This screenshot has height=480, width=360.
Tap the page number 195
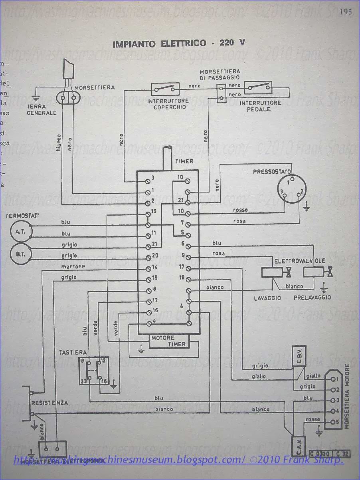click(345, 12)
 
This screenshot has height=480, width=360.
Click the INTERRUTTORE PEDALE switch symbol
click(258, 87)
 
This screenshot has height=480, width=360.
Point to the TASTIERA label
click(72, 352)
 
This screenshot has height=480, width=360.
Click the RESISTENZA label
click(50, 403)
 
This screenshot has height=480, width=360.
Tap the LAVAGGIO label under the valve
click(267, 298)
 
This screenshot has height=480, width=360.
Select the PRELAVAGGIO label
click(313, 298)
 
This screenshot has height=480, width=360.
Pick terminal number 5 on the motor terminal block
click(337, 422)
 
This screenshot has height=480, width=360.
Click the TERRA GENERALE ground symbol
click(36, 97)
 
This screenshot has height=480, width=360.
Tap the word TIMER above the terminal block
click(184, 161)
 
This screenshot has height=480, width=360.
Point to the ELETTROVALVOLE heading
click(299, 261)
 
